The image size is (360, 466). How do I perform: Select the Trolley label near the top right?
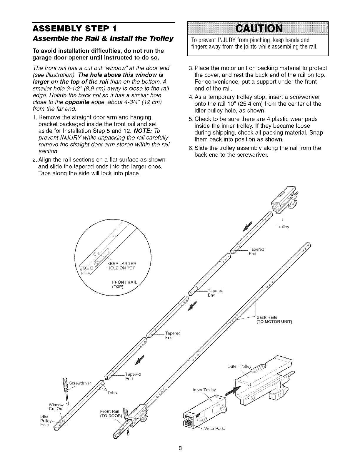pyautogui.click(x=283, y=227)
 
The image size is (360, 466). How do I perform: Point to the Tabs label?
pyautogui.click(x=114, y=393)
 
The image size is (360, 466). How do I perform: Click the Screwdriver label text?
pyautogui.click(x=80, y=383)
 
